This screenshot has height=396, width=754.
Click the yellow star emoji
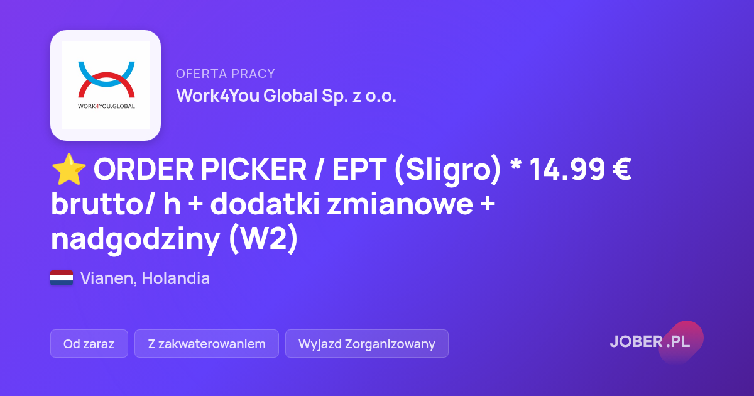pos(68,169)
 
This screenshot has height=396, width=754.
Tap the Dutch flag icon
pos(62,278)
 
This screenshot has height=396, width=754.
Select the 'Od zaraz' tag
pos(89,343)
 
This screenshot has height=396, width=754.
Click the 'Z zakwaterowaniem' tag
pos(207,343)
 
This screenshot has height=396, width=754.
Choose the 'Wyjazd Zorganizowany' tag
pos(367,343)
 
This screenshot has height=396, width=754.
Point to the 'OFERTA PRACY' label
pos(226,74)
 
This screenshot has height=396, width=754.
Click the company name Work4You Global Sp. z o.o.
pos(286,96)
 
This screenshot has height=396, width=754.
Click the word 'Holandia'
pos(176,278)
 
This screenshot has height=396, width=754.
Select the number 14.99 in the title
pos(567,169)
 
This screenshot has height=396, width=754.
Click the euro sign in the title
pos(621,169)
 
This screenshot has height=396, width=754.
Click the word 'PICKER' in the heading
pos(254,169)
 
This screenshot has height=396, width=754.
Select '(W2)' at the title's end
pos(263,238)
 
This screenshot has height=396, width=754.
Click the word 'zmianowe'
pos(400,204)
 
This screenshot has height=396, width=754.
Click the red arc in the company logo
pos(106,85)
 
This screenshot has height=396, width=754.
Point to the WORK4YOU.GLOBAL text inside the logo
pos(106,106)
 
